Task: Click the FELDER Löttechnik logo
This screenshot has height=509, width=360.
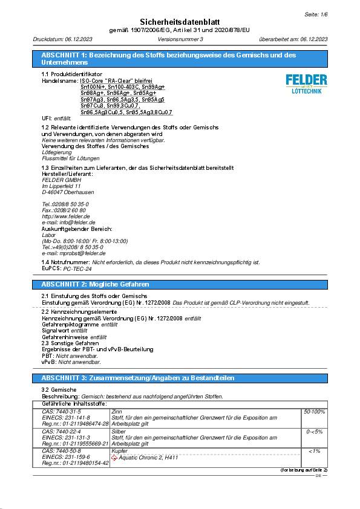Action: pos(306,83)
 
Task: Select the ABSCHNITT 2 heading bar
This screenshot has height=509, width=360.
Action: pos(180,284)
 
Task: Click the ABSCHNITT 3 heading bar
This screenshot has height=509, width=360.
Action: pos(180,378)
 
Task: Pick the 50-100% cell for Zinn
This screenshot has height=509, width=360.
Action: pos(314,412)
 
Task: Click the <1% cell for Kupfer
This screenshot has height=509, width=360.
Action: pos(314,452)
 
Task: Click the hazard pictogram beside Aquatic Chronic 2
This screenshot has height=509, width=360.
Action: pos(116,458)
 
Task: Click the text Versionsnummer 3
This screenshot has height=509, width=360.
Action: pos(180,39)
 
